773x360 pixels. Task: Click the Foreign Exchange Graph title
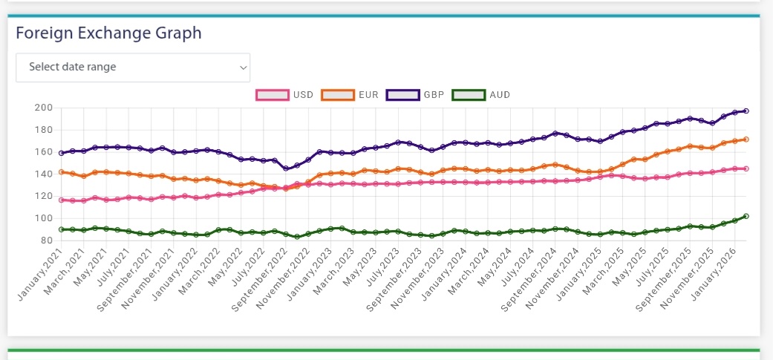[x=108, y=33]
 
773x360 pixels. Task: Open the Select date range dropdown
[x=133, y=67]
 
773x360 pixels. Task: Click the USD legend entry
[x=285, y=95]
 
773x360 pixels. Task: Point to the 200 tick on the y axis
[x=44, y=108]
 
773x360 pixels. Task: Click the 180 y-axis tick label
[x=44, y=131]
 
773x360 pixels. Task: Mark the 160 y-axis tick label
[x=44, y=152]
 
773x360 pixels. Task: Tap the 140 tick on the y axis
[x=44, y=174]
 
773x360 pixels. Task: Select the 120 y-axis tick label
[x=44, y=197]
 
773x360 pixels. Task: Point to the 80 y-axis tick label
[x=47, y=240]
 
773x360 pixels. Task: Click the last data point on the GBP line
[x=746, y=111]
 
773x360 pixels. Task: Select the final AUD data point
[x=746, y=216]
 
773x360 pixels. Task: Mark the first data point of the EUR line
[x=61, y=172]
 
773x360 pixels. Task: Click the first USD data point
[x=61, y=200]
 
